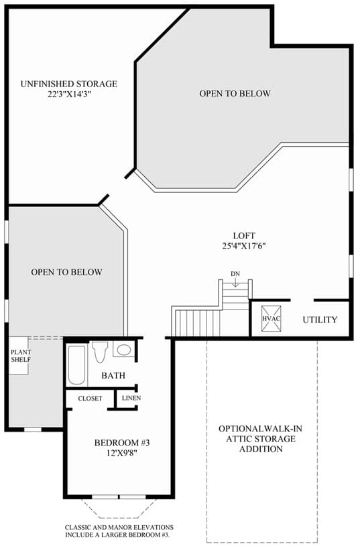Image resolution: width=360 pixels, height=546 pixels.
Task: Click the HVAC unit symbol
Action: point(271,318)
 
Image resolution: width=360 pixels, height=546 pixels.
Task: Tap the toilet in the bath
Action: point(100,352)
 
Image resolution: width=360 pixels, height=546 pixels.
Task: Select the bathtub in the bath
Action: point(76,364)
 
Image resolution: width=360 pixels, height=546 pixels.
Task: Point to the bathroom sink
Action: point(123,349)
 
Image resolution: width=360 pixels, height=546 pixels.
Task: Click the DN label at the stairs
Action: point(235,274)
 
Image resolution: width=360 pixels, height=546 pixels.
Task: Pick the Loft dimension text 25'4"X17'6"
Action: point(244,246)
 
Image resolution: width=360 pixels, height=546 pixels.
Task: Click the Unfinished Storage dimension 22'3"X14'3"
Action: point(69,94)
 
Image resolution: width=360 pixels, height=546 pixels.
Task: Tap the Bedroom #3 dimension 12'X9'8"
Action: point(122,453)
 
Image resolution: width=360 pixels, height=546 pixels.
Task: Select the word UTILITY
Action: point(320,320)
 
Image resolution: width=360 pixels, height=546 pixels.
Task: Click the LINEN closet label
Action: point(131,398)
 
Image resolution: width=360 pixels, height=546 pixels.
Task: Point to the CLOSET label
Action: point(91,399)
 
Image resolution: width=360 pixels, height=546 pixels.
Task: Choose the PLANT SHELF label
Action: point(21,356)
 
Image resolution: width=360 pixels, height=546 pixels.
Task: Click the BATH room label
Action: point(113,375)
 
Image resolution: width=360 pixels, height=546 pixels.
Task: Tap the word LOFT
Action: point(244,236)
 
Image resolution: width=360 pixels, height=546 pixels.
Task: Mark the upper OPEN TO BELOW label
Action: point(235,93)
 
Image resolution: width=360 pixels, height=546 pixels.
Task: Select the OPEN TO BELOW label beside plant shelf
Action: point(66,272)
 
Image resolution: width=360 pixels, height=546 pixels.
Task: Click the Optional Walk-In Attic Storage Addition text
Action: point(261,439)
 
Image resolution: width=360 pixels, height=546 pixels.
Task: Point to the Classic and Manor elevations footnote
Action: point(119,531)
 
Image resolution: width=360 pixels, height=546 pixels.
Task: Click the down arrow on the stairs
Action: point(235,283)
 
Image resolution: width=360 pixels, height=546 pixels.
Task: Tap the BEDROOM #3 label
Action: point(122,443)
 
